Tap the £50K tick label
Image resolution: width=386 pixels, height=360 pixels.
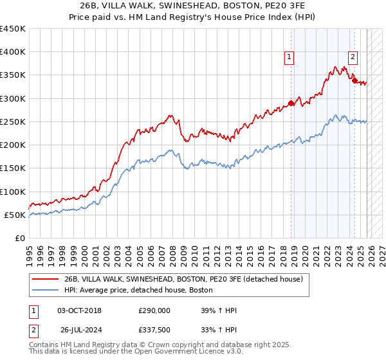pyautogui.click(x=15, y=215)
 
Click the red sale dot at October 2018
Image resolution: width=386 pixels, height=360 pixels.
pyautogui.click(x=291, y=103)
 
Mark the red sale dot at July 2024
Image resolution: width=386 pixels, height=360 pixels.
pyautogui.click(x=354, y=80)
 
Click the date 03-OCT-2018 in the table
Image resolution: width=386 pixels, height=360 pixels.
pyautogui.click(x=79, y=310)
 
